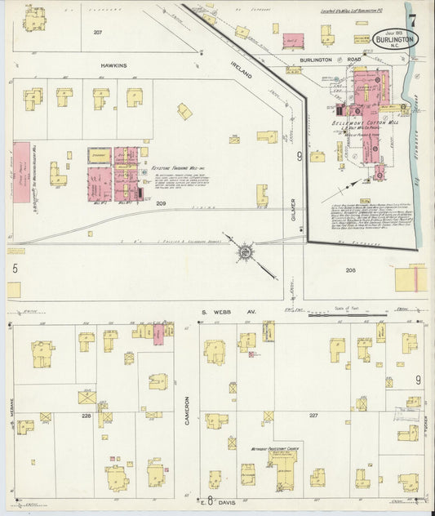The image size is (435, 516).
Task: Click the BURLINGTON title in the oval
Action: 395,38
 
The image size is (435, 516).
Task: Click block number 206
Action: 350,269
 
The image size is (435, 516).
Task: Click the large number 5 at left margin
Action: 14,267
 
